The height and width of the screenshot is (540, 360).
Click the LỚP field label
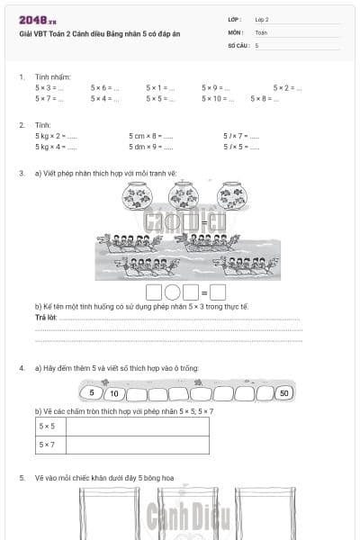234,19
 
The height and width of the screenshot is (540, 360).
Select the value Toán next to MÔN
261,32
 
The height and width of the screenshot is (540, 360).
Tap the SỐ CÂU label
238,45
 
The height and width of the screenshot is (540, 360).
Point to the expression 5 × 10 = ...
219,99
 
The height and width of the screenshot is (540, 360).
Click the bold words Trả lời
45,318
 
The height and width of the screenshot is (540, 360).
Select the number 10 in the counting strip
113,393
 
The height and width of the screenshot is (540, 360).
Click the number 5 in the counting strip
91,393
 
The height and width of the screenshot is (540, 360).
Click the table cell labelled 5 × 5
47,427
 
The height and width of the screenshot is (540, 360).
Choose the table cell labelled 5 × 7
47,445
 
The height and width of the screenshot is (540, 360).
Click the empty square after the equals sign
218,292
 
